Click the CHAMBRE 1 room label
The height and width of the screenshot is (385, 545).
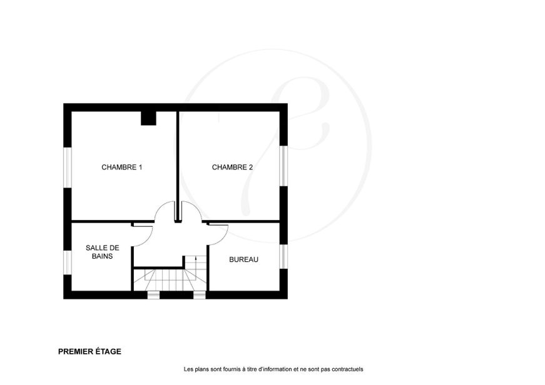tap(121, 167)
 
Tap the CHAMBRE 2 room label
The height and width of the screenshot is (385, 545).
tap(232, 167)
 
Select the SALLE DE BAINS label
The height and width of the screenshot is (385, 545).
tap(103, 252)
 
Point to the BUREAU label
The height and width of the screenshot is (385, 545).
tap(243, 259)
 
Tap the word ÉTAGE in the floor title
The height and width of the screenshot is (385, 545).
tap(108, 351)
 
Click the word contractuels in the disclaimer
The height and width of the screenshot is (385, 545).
tap(347, 369)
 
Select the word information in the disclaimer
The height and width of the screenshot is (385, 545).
tap(276, 369)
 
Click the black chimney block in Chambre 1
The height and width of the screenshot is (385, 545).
tap(148, 118)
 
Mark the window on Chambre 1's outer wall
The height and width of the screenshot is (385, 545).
tap(68, 167)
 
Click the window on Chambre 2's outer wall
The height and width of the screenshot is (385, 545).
tap(283, 166)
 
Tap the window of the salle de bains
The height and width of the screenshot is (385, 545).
tap(68, 262)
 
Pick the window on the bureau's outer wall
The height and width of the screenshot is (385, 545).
tap(283, 256)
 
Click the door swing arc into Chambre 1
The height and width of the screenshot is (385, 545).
tap(161, 207)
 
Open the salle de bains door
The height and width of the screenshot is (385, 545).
tap(146, 239)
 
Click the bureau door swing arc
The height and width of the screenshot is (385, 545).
tap(223, 237)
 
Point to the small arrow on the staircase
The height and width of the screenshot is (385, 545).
tap(196, 258)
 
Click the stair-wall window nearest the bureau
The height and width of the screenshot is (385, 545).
tap(200, 296)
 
